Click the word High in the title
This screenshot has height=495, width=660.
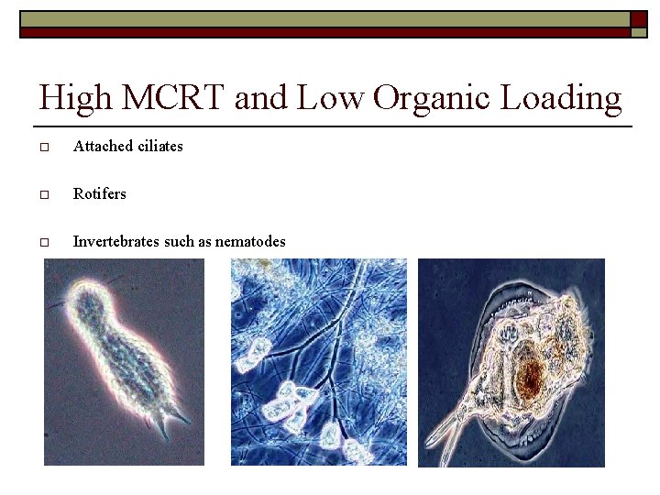[x=72, y=97]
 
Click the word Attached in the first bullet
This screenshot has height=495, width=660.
[x=103, y=146]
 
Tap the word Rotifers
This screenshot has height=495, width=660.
[x=100, y=193]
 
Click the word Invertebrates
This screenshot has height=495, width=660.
[x=116, y=241]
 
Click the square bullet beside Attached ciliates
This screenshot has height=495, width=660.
[x=44, y=147]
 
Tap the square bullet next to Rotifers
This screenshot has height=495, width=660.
[x=44, y=194]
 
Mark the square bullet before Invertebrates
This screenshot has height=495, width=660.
[x=44, y=243]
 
